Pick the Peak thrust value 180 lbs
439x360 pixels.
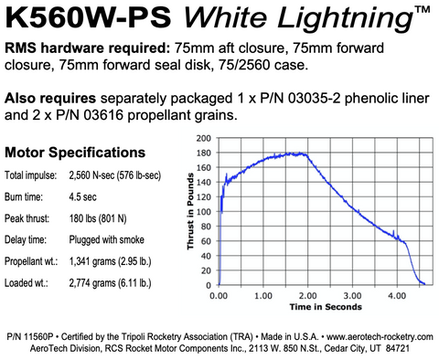(101, 217)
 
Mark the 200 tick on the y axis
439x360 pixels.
(205, 138)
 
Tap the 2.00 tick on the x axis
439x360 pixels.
(307, 297)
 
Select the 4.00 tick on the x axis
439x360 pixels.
(397, 297)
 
